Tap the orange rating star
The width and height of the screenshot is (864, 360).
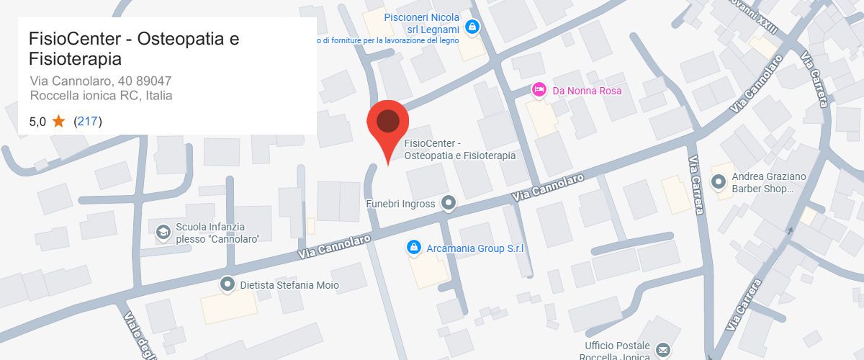coord(59,121)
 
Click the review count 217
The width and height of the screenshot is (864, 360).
coord(88,122)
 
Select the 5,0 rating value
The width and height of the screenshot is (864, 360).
coord(37,122)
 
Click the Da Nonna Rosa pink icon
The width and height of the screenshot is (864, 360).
coord(539,90)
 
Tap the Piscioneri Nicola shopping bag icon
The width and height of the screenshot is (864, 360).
coord(472,27)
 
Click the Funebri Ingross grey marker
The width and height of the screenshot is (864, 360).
coord(449,204)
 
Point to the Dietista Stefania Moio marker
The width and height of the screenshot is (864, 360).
coord(228,284)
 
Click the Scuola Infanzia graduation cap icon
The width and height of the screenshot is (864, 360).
coord(163,232)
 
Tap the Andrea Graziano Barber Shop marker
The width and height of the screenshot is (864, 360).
coord(718,182)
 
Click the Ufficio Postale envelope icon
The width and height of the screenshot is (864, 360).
coord(663,351)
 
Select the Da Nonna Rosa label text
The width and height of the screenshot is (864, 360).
coord(586,91)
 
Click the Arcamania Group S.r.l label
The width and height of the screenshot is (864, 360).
coord(474,248)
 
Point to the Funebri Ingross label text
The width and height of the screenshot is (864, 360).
coord(400,204)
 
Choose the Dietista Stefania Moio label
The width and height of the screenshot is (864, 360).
coord(289,285)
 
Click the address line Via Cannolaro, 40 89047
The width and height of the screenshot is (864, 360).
coord(100,80)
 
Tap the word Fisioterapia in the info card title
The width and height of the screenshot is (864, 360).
coord(75,58)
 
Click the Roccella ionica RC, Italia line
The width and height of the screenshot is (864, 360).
coord(101,95)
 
